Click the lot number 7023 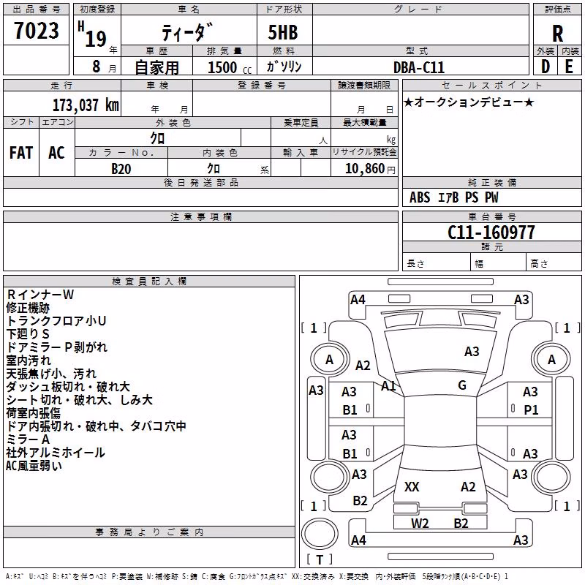click(37, 31)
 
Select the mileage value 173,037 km click(86, 105)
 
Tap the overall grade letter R click(557, 34)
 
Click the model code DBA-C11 click(419, 67)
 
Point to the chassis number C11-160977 click(491, 233)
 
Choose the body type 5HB click(283, 32)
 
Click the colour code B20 click(121, 169)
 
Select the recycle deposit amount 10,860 click(364, 169)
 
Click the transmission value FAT click(21, 153)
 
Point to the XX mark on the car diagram click(412, 487)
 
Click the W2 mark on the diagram click(420, 523)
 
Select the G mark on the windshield click(462, 385)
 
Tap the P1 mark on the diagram click(531, 410)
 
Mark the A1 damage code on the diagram click(388, 386)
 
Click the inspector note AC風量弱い click(34, 466)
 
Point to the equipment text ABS click(420, 197)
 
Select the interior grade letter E click(569, 67)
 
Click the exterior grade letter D click(546, 67)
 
